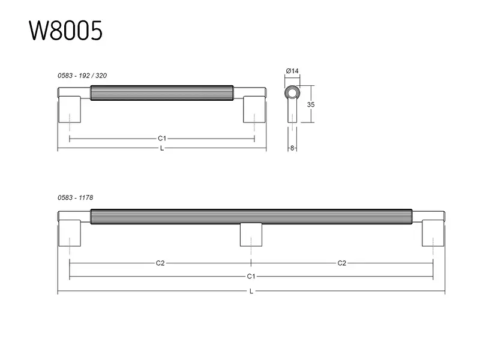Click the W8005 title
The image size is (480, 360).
click(x=65, y=31)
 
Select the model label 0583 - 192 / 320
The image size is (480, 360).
click(x=82, y=76)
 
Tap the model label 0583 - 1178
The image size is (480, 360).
click(x=76, y=198)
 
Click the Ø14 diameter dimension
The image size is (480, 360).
click(x=292, y=71)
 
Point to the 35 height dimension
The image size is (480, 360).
click(x=311, y=104)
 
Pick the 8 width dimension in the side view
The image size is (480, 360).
click(x=292, y=148)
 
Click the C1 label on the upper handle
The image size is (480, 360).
click(x=162, y=139)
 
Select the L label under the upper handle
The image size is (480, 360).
click(x=162, y=148)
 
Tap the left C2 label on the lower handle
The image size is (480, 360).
click(x=160, y=263)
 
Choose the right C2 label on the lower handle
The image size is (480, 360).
click(x=341, y=263)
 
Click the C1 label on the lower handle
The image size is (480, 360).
click(x=251, y=277)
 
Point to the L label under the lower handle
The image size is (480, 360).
click(x=251, y=291)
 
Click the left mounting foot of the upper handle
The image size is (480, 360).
click(x=70, y=109)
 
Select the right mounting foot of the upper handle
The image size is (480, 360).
click(x=254, y=109)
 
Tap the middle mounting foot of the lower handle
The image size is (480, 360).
click(x=251, y=235)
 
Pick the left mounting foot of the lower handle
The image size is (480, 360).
click(x=70, y=233)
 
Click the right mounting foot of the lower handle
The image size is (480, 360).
click(x=433, y=233)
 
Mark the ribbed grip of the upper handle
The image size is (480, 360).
click(x=162, y=93)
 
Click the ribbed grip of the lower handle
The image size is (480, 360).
click(x=251, y=217)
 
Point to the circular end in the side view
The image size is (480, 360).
click(x=292, y=92)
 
